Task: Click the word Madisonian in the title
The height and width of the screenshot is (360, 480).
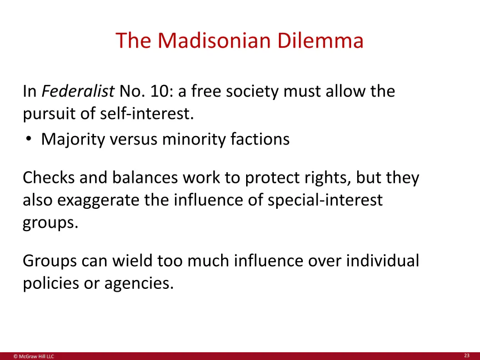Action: tap(214, 41)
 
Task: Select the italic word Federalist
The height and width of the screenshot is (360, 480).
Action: tap(78, 91)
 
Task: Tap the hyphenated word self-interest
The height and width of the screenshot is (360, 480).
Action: tap(147, 113)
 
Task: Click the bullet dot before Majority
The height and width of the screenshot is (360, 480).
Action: tap(28, 139)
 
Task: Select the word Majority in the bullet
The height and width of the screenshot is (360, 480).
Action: tap(73, 139)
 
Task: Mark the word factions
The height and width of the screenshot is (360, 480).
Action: tap(260, 139)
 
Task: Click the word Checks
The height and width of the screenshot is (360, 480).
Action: tap(49, 178)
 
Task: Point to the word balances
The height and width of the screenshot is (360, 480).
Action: tap(145, 178)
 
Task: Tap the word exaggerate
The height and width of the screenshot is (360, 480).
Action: tap(98, 201)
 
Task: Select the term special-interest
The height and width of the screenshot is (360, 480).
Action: tap(325, 200)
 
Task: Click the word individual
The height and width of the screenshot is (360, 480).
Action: tap(383, 261)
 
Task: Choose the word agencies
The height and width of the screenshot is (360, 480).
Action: tap(139, 283)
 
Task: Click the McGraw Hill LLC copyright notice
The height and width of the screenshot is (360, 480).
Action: tap(34, 356)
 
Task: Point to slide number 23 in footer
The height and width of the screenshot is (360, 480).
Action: tap(467, 356)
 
